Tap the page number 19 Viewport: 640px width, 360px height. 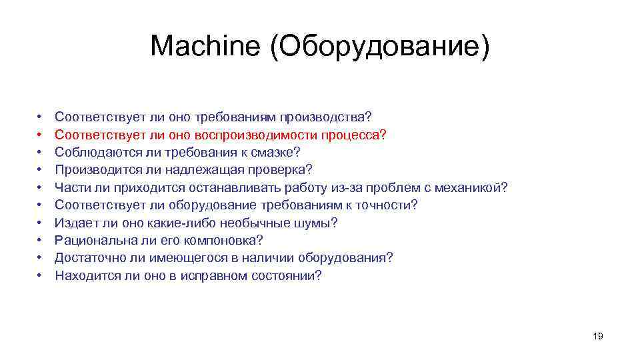(597, 337)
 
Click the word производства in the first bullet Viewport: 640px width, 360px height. (323, 117)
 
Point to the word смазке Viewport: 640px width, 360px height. (278, 152)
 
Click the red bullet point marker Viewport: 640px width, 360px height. (40, 135)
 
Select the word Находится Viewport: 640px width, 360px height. (83, 275)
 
